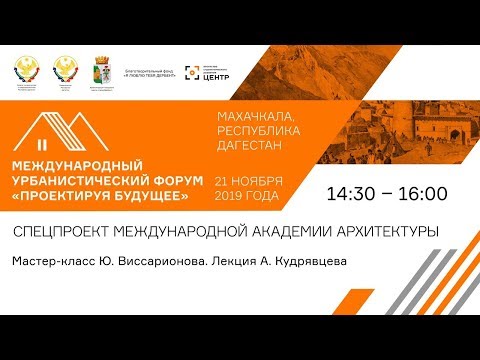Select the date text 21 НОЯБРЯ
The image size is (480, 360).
249,180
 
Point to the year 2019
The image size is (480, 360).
231,196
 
